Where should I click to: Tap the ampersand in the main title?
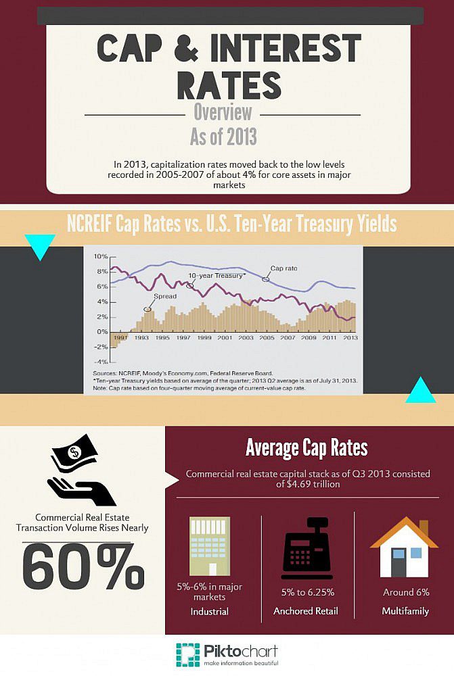tap(179, 49)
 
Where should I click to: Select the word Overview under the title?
tap(223, 112)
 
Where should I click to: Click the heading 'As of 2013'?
tap(223, 137)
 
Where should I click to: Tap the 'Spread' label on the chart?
tap(164, 296)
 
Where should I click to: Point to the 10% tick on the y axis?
tap(100, 257)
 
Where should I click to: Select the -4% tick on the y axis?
tap(100, 362)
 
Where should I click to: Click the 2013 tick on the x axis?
tap(350, 337)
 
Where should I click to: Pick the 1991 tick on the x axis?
tap(122, 337)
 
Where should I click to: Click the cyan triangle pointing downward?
tap(39, 247)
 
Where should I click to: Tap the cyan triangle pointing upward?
tap(420, 390)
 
